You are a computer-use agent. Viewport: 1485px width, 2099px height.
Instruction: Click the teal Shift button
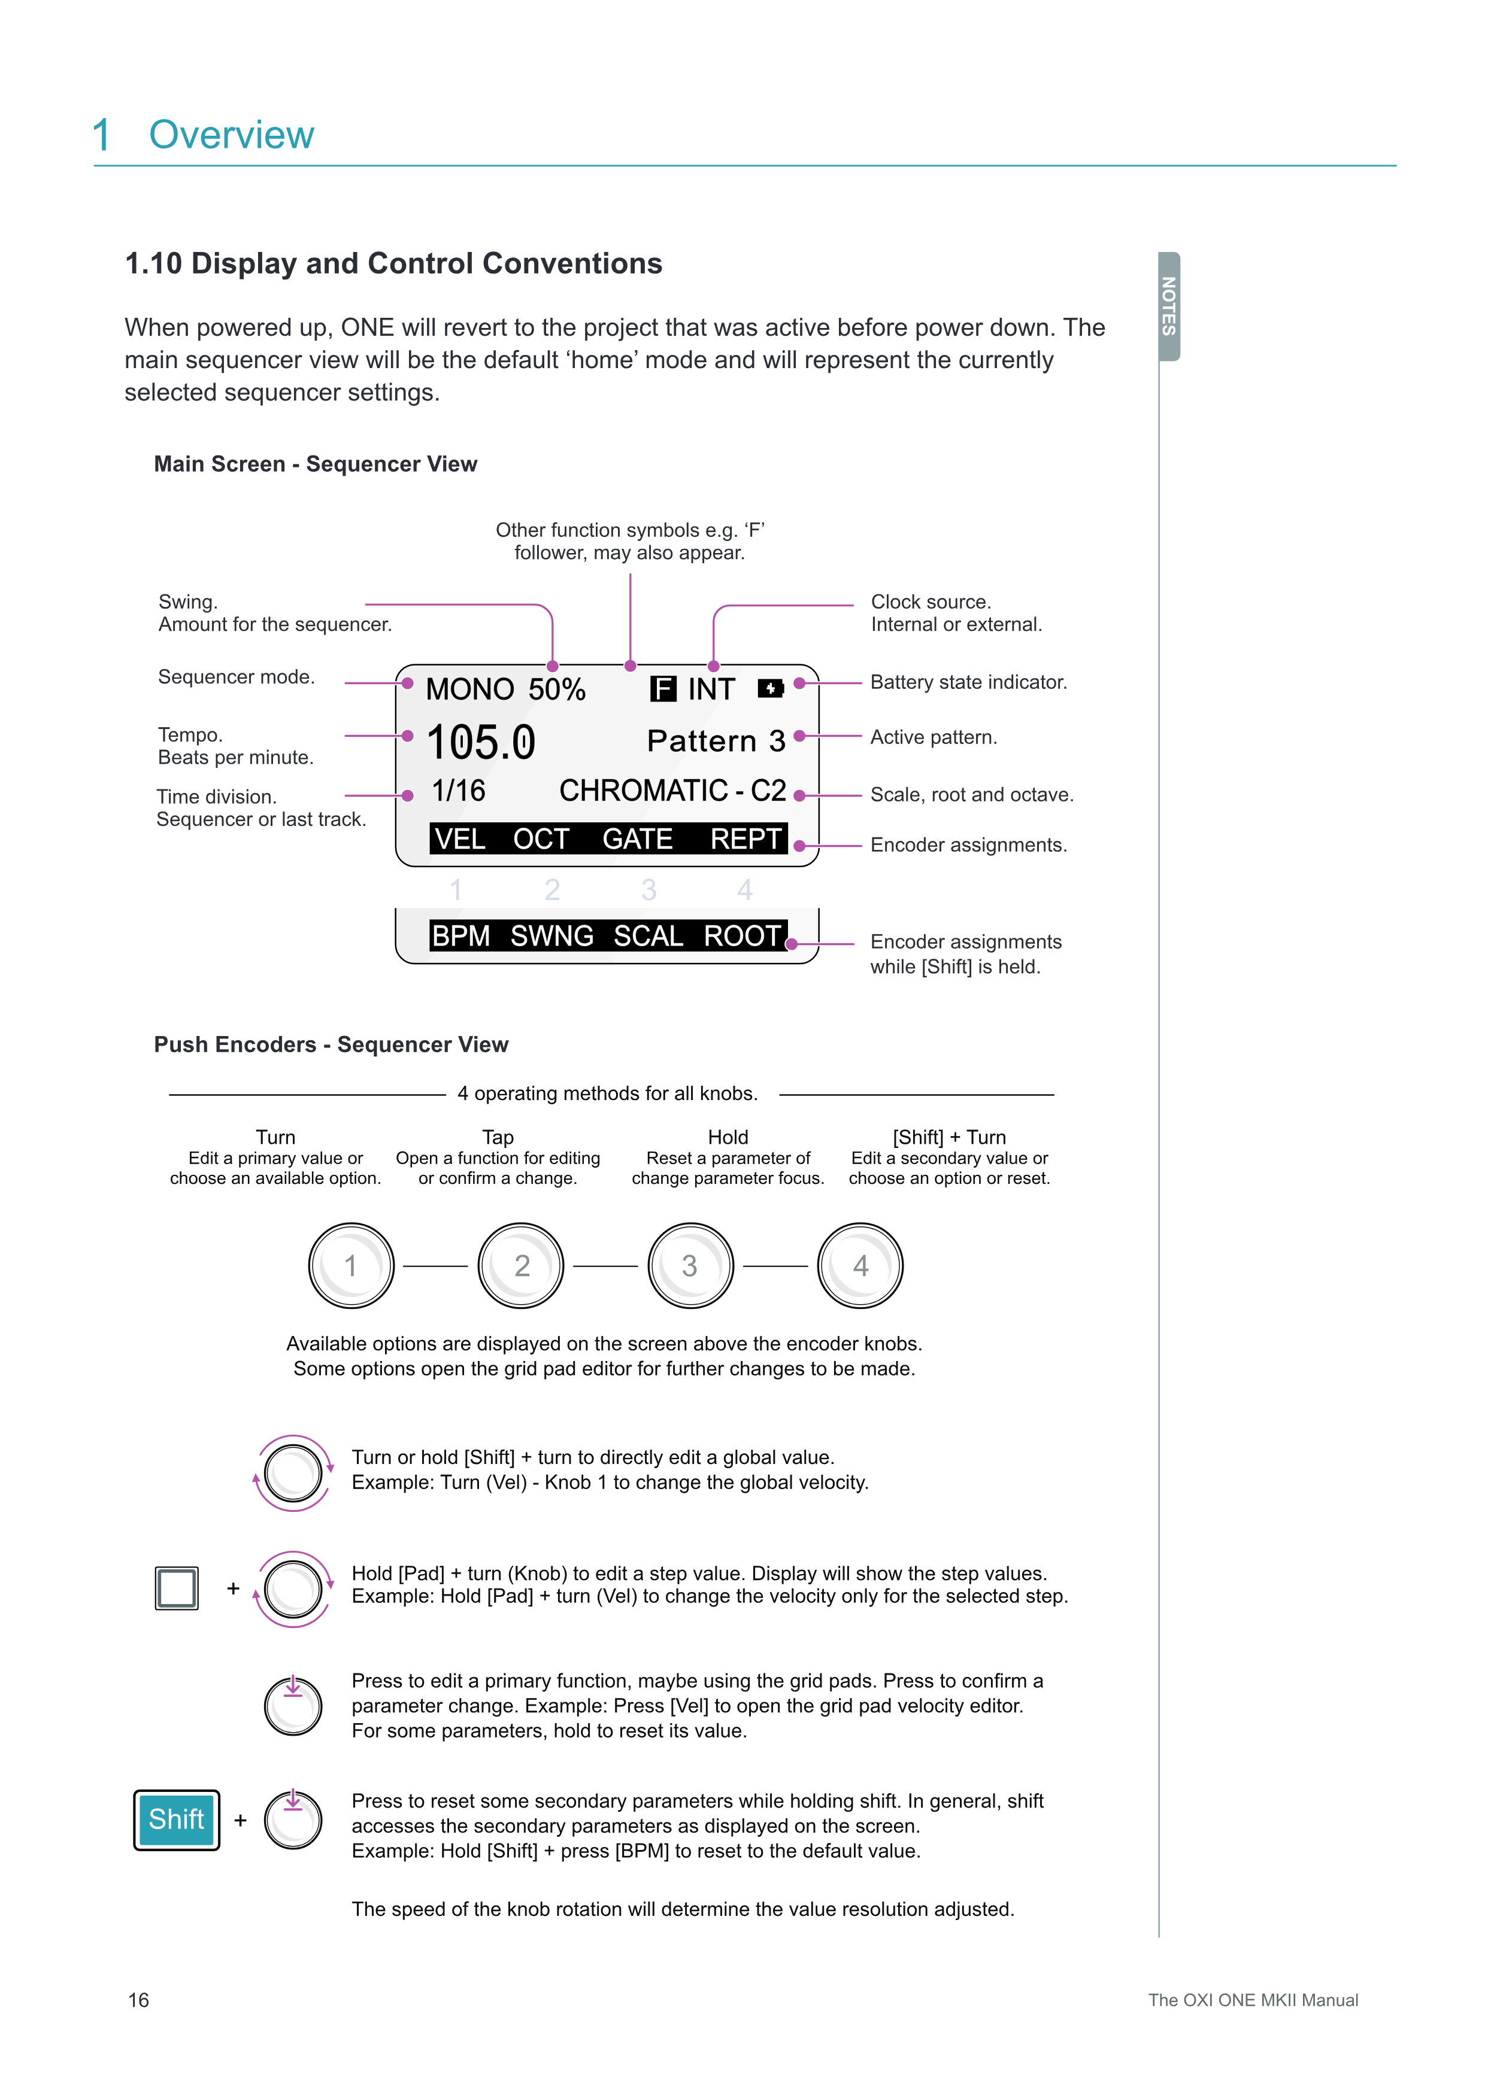177,1819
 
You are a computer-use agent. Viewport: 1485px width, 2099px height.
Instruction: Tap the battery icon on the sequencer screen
770,688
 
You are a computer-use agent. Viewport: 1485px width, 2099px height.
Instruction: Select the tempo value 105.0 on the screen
481,742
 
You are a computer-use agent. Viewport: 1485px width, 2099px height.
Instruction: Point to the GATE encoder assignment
637,839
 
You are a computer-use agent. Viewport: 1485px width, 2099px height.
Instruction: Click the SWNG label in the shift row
551,936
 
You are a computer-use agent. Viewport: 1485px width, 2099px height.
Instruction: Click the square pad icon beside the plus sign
177,1588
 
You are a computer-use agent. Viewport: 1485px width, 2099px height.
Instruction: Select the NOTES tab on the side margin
1169,306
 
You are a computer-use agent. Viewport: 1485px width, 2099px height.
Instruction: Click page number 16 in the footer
138,2000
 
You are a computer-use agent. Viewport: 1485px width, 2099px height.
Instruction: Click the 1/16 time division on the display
458,791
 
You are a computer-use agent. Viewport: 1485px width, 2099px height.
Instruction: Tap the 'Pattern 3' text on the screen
716,740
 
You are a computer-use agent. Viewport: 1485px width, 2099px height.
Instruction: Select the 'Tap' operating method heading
498,1137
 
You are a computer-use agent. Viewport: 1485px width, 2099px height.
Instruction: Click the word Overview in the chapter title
231,135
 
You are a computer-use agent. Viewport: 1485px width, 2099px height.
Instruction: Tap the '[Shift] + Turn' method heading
949,1137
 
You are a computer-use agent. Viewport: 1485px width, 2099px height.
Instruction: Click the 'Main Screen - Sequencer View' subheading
316,464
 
